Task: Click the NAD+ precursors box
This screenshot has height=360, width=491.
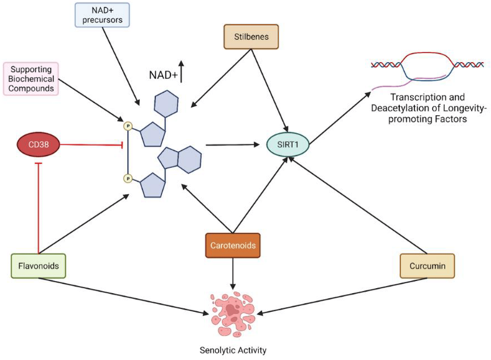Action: pyautogui.click(x=102, y=15)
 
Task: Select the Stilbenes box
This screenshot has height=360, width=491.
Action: pyautogui.click(x=251, y=37)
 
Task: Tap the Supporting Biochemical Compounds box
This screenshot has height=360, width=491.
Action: pyautogui.click(x=31, y=79)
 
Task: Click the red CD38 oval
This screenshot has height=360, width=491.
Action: pyautogui.click(x=38, y=144)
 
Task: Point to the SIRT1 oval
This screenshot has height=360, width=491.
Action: pyautogui.click(x=288, y=144)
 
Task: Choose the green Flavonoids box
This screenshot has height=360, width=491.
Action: pyautogui.click(x=39, y=266)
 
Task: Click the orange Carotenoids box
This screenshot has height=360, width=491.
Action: pyautogui.click(x=233, y=246)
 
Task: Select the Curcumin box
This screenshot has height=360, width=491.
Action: pyautogui.click(x=427, y=266)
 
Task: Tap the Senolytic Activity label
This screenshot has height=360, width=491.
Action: pyautogui.click(x=233, y=350)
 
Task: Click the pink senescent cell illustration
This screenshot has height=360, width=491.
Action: pyautogui.click(x=232, y=314)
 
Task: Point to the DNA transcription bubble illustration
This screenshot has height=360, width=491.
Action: pyautogui.click(x=427, y=70)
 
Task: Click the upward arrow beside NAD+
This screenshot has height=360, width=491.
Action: pyautogui.click(x=181, y=72)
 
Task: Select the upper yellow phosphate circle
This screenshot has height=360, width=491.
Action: pyautogui.click(x=128, y=126)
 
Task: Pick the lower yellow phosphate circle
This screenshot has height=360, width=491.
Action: pyautogui.click(x=128, y=178)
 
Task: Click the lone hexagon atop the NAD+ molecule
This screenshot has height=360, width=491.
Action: pyautogui.click(x=166, y=103)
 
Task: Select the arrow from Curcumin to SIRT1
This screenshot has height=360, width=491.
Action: pyautogui.click(x=357, y=205)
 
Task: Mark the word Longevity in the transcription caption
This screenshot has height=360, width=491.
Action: pyautogui.click(x=464, y=109)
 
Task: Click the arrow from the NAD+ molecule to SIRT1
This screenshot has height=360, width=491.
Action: pyautogui.click(x=233, y=145)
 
